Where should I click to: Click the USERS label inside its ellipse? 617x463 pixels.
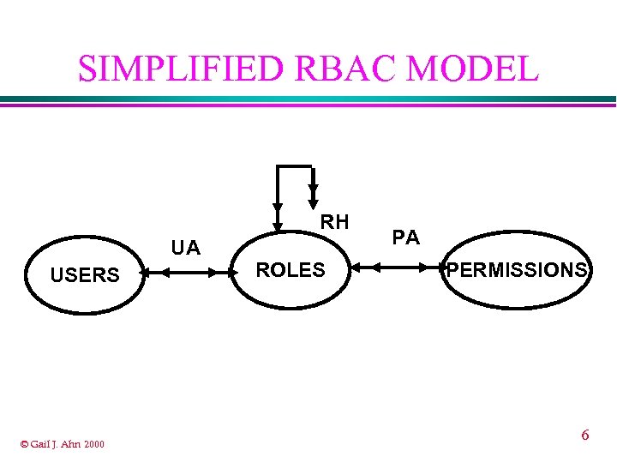(x=85, y=275)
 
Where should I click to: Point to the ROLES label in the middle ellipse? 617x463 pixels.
(x=291, y=270)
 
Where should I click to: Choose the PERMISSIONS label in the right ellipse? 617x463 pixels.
(x=518, y=270)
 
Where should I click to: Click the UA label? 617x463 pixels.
(x=185, y=249)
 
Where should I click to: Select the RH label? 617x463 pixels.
(x=335, y=223)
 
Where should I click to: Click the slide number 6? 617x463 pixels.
(x=585, y=435)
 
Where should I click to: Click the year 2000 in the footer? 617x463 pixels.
(x=94, y=443)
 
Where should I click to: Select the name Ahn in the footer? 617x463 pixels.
(x=72, y=443)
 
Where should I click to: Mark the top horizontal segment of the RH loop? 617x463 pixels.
(x=295, y=164)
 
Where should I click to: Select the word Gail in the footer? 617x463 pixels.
(x=40, y=443)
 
